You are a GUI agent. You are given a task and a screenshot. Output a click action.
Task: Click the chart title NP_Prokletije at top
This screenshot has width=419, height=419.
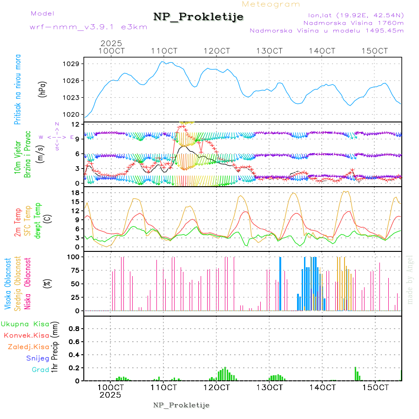click(198, 17)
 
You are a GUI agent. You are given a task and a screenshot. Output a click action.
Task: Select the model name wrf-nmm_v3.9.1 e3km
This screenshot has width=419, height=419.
click(88, 27)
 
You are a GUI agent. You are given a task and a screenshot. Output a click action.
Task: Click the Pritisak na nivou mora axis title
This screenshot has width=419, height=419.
click(18, 89)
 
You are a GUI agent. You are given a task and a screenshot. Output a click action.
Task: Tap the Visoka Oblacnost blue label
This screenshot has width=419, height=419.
click(8, 284)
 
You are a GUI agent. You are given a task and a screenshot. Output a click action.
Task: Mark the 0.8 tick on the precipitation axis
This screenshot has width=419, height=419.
click(74, 329)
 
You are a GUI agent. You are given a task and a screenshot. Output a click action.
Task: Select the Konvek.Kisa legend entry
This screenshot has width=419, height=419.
click(26, 335)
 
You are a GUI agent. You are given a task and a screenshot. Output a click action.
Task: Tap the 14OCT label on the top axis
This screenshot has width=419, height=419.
click(323, 51)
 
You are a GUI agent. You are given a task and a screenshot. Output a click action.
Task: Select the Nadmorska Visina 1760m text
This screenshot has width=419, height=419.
click(353, 22)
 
